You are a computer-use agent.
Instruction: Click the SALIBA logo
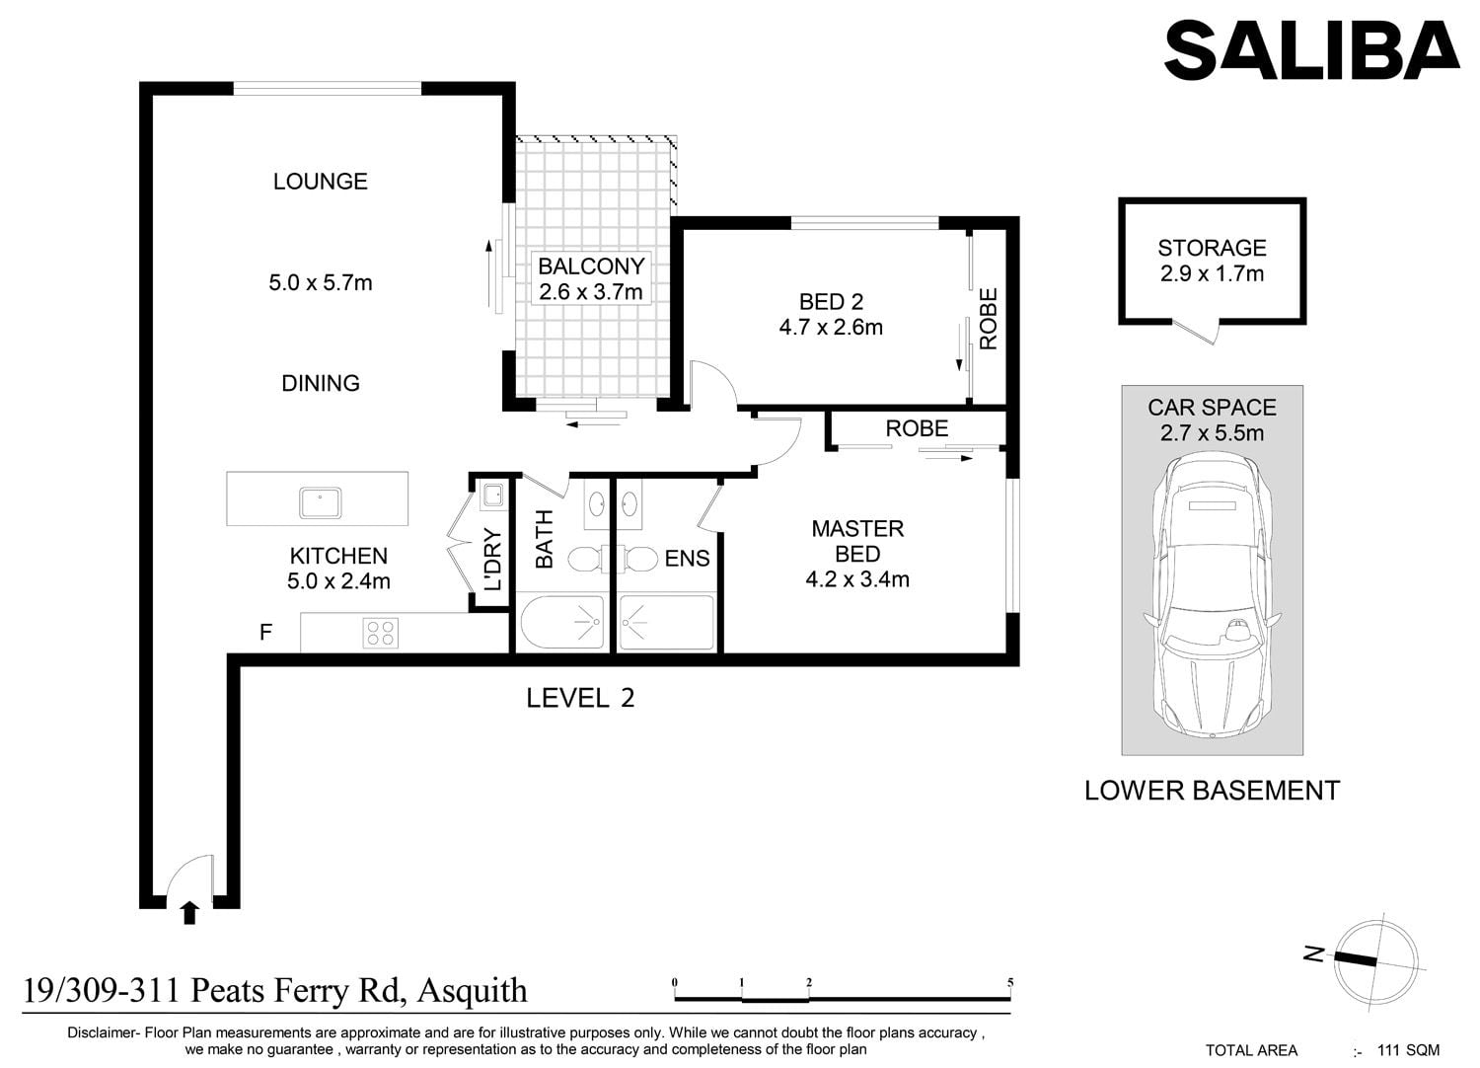point(1311,50)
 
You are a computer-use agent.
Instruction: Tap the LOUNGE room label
point(321,181)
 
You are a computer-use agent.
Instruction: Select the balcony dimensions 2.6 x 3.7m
point(591,291)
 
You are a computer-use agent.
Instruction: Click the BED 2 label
point(831,301)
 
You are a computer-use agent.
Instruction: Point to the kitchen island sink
point(321,503)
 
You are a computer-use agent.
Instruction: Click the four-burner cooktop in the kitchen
point(381,632)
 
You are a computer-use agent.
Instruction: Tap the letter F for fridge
point(265,633)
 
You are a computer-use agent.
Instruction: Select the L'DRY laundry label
point(493,559)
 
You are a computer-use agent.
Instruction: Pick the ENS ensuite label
point(687,559)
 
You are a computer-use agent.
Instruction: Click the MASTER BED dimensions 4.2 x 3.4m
point(857,579)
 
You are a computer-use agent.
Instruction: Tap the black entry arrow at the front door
point(189,912)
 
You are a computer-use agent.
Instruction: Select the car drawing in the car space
point(1212,595)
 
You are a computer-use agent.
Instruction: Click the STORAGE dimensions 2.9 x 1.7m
point(1212,273)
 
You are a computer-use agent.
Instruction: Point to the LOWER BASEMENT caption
point(1212,791)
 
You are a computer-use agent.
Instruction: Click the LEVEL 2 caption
point(580,699)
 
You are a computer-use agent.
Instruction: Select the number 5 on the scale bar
point(1010,983)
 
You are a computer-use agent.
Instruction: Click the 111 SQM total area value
point(1408,1050)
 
